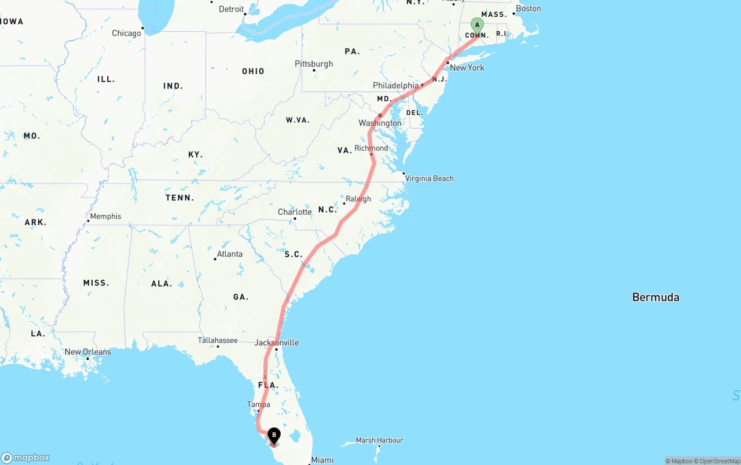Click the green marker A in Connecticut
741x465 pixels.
tap(477, 25)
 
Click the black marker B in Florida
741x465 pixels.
tap(274, 435)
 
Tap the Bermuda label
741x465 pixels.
tap(655, 297)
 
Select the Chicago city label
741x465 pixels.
tap(126, 33)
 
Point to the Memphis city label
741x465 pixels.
tap(105, 216)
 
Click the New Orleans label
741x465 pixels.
tap(88, 352)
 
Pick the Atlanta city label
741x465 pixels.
tap(230, 254)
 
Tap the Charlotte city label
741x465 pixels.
tap(295, 212)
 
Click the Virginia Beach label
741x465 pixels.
tap(429, 178)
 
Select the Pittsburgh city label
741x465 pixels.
tap(314, 64)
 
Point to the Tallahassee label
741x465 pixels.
tap(218, 340)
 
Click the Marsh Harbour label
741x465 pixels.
tap(379, 440)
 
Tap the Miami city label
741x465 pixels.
tap(322, 460)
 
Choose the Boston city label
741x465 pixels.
tap(528, 8)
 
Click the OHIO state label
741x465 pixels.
tap(253, 71)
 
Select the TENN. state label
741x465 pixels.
tap(180, 197)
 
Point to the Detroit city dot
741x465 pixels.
tap(245, 14)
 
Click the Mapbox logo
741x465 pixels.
tap(25, 457)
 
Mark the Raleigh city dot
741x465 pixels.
tap(344, 203)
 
